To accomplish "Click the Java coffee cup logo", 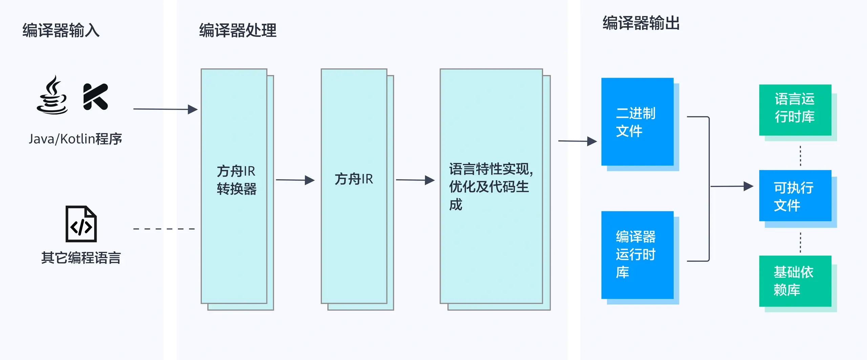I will pos(52,95).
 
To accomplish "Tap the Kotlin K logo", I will pos(95,97).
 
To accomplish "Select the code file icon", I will pos(81,224).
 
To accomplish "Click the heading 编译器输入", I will pos(61,30).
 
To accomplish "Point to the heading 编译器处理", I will pos(238,30).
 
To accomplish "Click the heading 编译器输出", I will pos(641,23).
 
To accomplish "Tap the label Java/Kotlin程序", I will pos(75,139).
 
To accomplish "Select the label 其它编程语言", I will pos(81,258).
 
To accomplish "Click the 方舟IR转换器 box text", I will pos(236,180).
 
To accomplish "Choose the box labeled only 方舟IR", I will pos(354,179).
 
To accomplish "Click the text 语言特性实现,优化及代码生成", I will pos(491,187).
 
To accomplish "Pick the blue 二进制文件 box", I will pos(637,122).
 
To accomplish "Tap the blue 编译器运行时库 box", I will pos(637,255).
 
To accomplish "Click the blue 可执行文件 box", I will pos(795,196).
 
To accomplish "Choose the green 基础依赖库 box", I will pos(795,281).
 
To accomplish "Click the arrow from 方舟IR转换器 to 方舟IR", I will pos(295,180).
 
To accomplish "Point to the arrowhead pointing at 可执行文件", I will pos(748,186).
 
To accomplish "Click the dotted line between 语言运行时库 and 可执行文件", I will pos(800,156).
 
